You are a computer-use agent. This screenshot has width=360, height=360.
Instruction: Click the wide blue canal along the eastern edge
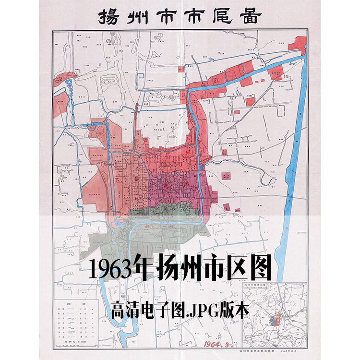(x=296, y=144)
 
